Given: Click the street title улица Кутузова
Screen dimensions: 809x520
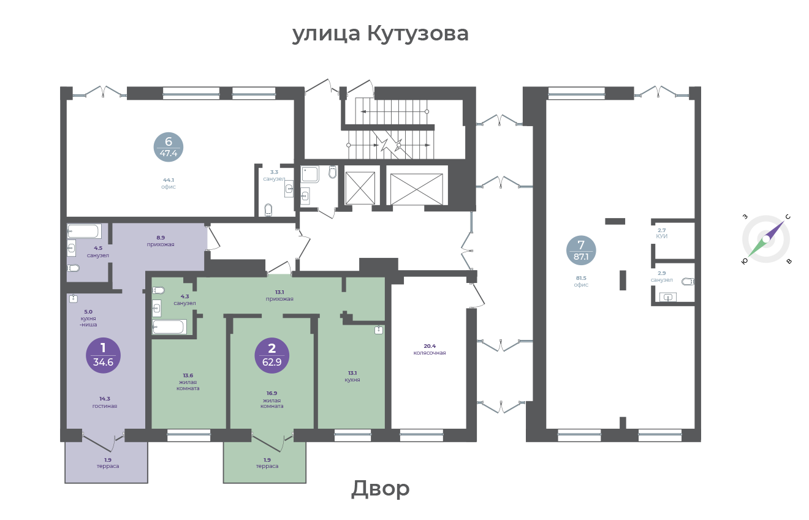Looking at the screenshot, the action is tap(381, 34).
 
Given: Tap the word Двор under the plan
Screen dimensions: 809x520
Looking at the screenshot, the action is tap(381, 489).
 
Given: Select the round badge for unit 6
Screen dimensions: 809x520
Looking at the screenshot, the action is tap(169, 147).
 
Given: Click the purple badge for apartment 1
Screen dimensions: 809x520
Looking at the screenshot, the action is tap(104, 355).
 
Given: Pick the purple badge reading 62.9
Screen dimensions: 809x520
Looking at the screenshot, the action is tap(272, 355).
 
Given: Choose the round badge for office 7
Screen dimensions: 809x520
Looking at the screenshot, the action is tap(581, 250).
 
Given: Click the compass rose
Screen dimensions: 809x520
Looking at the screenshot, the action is tap(766, 239).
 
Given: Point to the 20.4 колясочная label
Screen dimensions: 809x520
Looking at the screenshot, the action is tap(430, 349).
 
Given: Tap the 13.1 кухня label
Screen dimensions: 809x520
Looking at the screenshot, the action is tap(352, 377).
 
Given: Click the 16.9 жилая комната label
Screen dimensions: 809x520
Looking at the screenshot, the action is tap(272, 399).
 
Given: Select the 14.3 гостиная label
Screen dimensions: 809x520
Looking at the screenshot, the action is tap(105, 402).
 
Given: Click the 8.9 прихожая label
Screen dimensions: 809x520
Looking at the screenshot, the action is tap(161, 241).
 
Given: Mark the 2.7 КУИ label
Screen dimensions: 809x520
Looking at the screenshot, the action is tap(662, 233).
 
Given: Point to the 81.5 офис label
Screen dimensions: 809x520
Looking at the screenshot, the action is tap(581, 281).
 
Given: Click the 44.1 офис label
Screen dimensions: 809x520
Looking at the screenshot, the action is tap(169, 183).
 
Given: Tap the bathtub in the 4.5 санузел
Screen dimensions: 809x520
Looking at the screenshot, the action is tap(84, 231).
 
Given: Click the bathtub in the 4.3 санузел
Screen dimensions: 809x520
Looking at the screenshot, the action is tap(169, 326).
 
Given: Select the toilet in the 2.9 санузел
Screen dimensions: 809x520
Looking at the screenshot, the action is tap(688, 281).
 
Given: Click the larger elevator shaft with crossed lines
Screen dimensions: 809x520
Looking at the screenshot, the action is tap(416, 189).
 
